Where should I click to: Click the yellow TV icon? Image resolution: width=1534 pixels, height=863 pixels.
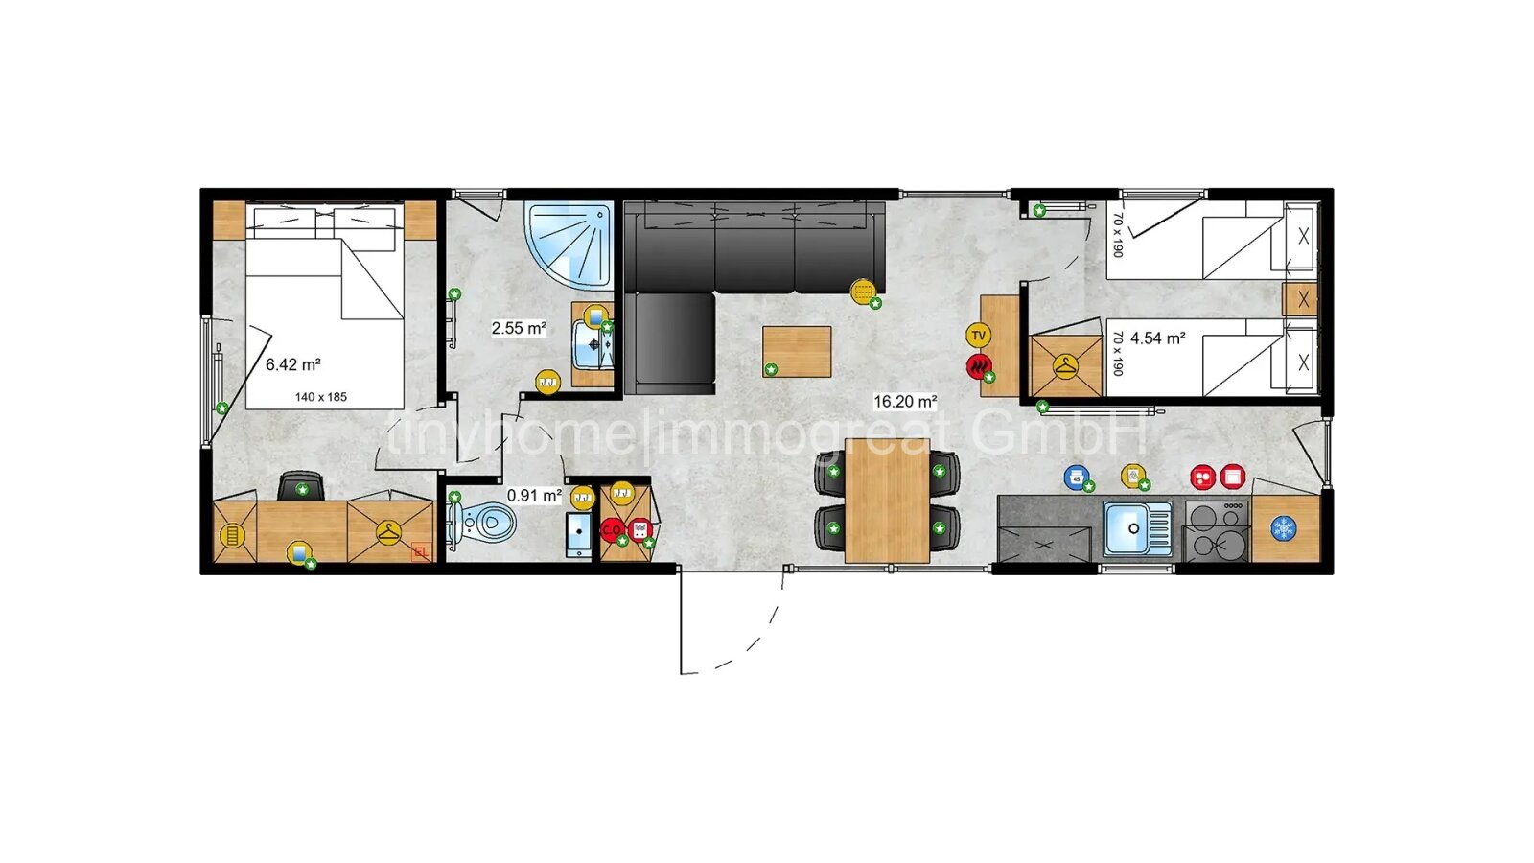[x=978, y=336]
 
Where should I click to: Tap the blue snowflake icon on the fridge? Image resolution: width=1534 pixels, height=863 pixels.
[x=1283, y=528]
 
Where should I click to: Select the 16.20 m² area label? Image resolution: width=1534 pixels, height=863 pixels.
[x=904, y=402]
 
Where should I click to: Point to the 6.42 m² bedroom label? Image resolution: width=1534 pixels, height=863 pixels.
[x=292, y=364]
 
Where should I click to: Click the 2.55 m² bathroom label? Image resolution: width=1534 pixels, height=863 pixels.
[x=519, y=328]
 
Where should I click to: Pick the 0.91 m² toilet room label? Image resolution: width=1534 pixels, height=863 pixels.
[x=534, y=496]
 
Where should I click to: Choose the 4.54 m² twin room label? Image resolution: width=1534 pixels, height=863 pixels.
[x=1157, y=338]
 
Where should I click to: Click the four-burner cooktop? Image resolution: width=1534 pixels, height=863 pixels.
[x=1217, y=529]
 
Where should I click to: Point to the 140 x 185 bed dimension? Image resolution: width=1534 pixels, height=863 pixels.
[x=321, y=397]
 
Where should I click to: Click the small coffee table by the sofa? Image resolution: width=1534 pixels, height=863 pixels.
[x=797, y=351]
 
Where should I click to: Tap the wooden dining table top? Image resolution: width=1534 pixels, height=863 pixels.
[x=887, y=500]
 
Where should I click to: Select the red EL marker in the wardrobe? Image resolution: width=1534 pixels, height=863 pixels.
[x=420, y=551]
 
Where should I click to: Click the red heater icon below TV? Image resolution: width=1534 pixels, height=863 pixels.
[x=978, y=366]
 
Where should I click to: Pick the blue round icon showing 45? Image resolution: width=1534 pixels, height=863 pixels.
[x=1077, y=478]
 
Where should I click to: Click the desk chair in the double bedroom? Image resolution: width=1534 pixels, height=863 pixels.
[x=301, y=486]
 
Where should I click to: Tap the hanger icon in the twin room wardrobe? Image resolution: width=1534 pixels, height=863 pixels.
[x=1065, y=365]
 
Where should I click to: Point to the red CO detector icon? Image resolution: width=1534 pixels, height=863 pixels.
[x=611, y=529]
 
